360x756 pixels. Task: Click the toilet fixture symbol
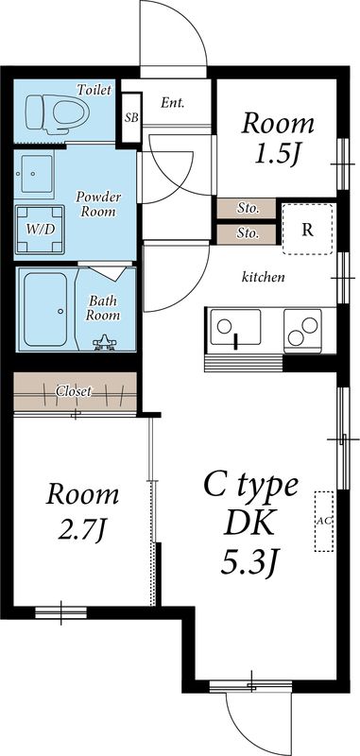click(x=58, y=112)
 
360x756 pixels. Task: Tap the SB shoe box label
click(x=131, y=117)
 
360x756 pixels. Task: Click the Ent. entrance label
click(x=173, y=102)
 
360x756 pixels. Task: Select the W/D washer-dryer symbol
click(x=40, y=230)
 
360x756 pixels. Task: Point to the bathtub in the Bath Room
click(x=45, y=310)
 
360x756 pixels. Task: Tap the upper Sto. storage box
click(x=247, y=209)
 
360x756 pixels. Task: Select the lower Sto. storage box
click(x=247, y=233)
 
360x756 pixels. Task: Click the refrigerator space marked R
click(x=308, y=230)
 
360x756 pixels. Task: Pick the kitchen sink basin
click(x=235, y=327)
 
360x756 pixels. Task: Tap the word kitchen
click(x=263, y=277)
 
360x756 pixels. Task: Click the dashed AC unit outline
click(x=324, y=522)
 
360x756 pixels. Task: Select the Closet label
click(x=74, y=391)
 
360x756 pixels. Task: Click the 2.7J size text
click(x=82, y=530)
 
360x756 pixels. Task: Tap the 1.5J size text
click(x=277, y=154)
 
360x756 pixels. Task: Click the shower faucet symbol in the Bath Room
click(x=104, y=343)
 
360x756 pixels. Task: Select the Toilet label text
click(x=94, y=90)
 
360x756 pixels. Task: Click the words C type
click(x=251, y=486)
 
